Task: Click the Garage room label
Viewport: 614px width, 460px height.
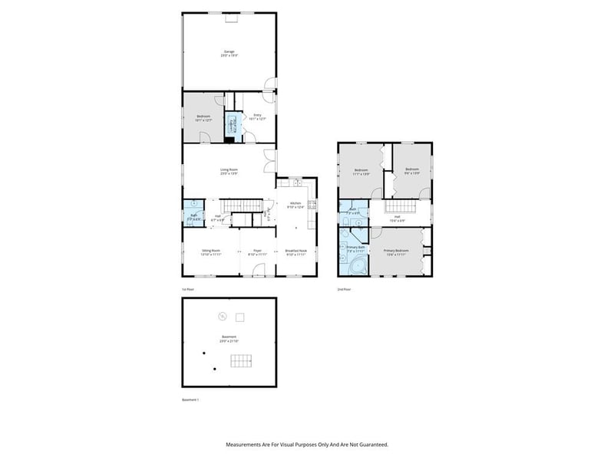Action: point(229,53)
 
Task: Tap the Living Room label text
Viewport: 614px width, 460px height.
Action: point(229,170)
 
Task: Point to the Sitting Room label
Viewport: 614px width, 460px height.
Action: point(211,251)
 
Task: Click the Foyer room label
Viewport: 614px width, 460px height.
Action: point(258,251)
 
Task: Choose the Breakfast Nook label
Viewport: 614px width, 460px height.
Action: point(295,251)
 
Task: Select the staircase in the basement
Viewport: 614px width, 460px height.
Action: point(242,361)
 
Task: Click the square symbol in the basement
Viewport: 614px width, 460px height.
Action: point(239,317)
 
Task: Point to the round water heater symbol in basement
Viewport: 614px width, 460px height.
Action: point(222,316)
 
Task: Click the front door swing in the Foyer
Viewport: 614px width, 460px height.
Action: point(259,270)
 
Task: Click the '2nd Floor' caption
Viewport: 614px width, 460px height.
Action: point(344,290)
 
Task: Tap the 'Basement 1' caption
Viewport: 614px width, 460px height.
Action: point(190,400)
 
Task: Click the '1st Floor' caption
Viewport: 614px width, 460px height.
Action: point(188,290)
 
